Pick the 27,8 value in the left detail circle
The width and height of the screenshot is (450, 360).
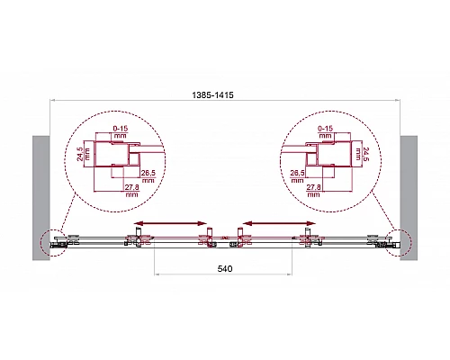coord(131,190)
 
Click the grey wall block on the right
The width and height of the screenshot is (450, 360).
coord(409,198)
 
